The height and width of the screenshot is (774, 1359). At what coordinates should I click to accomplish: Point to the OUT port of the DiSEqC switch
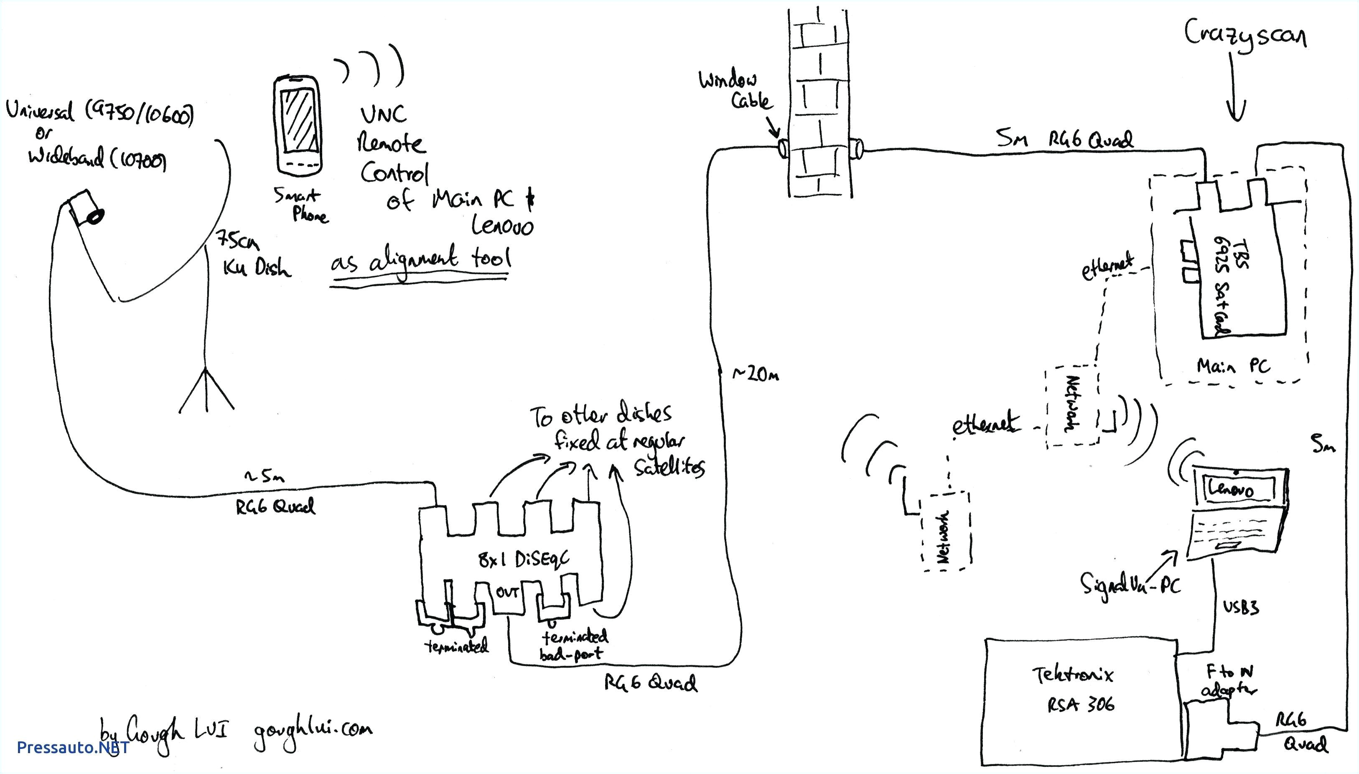[508, 593]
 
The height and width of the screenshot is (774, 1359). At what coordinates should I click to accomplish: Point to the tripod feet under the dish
[206, 391]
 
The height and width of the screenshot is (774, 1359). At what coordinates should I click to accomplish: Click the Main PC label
[1233, 366]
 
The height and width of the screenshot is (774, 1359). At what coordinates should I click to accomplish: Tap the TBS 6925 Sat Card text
[1228, 287]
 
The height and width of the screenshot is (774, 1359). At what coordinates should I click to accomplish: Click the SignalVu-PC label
[1130, 585]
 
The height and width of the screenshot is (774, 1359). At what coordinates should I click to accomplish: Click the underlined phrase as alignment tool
[420, 260]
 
